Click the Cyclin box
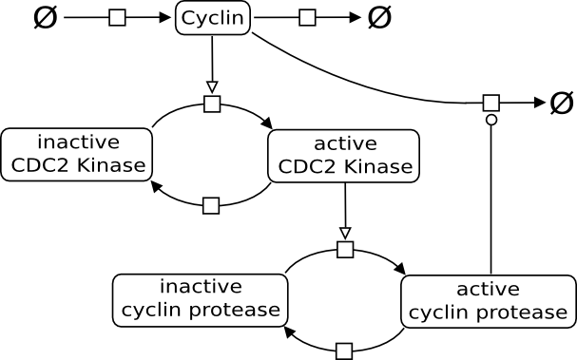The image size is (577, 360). (x=213, y=18)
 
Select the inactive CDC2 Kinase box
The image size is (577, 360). (x=77, y=155)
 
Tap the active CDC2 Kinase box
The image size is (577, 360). (x=344, y=156)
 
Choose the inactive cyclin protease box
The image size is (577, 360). (x=201, y=300)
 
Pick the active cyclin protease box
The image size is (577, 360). (x=489, y=301)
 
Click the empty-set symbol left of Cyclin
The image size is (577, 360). (x=46, y=18)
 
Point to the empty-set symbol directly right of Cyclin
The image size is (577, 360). (x=379, y=18)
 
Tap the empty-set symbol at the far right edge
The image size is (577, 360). (x=562, y=103)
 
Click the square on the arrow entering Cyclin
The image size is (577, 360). (x=117, y=18)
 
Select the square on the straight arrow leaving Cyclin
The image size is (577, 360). (x=307, y=18)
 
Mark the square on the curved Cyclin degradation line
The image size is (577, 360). (x=491, y=103)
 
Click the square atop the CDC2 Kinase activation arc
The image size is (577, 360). (x=212, y=104)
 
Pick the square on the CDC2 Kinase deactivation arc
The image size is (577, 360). (x=211, y=205)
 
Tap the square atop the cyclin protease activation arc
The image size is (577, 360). (x=345, y=250)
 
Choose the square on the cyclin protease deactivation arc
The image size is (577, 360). (x=344, y=351)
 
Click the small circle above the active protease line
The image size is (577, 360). (x=491, y=120)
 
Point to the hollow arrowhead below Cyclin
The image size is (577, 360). (x=212, y=87)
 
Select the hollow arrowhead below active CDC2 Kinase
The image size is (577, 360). (x=345, y=233)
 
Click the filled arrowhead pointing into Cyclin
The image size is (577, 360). (x=165, y=18)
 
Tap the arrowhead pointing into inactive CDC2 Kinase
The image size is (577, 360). (x=157, y=186)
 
